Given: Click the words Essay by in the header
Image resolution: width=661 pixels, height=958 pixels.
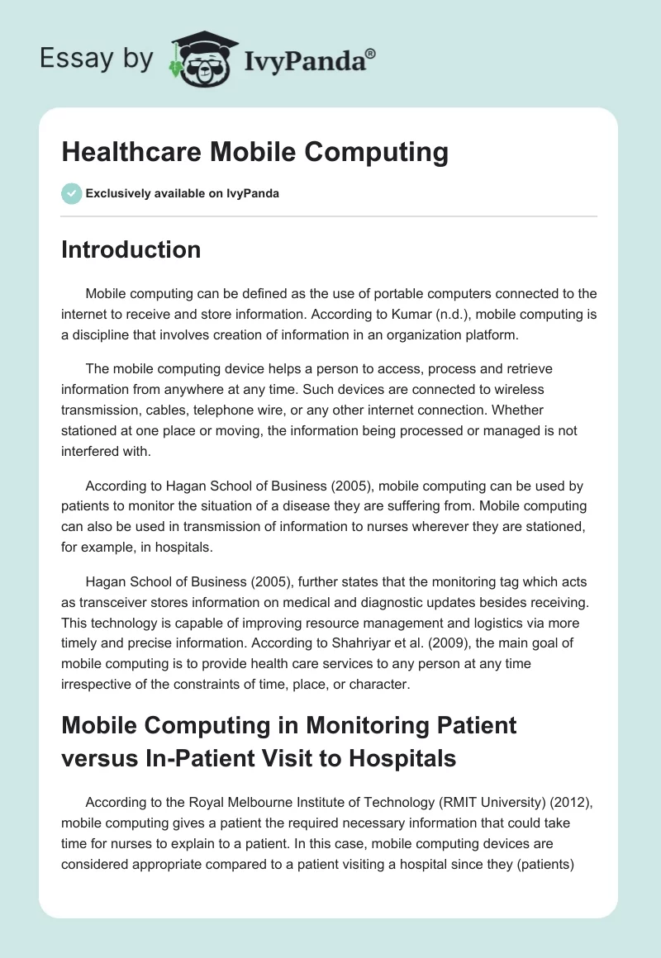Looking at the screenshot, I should (x=96, y=59).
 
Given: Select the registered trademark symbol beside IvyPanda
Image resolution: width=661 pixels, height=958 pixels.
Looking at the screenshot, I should (x=371, y=54).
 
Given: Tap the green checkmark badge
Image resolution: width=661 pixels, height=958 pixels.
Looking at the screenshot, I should (x=71, y=193).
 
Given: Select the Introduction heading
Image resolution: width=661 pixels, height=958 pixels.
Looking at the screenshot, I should (x=131, y=249).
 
